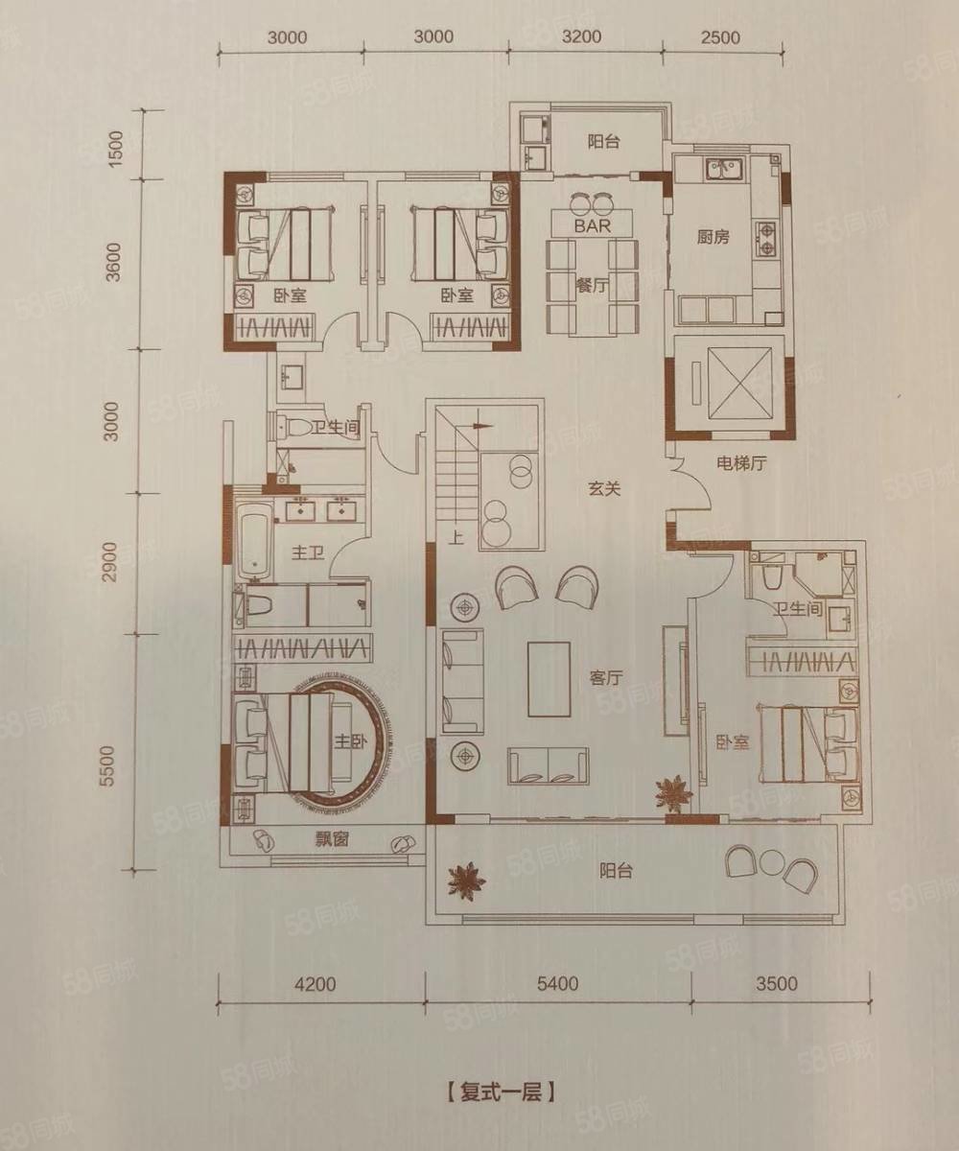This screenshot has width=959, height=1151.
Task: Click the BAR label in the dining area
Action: pos(593,225)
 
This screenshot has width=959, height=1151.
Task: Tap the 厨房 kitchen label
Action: pos(713,237)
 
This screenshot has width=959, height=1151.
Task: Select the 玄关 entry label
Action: pos(604,488)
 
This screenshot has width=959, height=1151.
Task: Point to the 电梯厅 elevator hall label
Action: pos(741,463)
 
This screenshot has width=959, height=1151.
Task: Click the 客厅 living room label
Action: pos(606,678)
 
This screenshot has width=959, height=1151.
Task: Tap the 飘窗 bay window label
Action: pos(332,840)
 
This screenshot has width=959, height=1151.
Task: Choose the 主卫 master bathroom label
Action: pos(307,552)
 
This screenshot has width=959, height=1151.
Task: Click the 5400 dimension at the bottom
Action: pos(558,983)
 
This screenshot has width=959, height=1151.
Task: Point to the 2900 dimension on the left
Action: pos(111,562)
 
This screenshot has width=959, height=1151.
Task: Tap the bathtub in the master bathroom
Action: pos(256,543)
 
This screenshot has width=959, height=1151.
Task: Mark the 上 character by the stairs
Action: pos(456,537)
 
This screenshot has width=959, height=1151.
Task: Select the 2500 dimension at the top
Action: pos(721,37)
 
